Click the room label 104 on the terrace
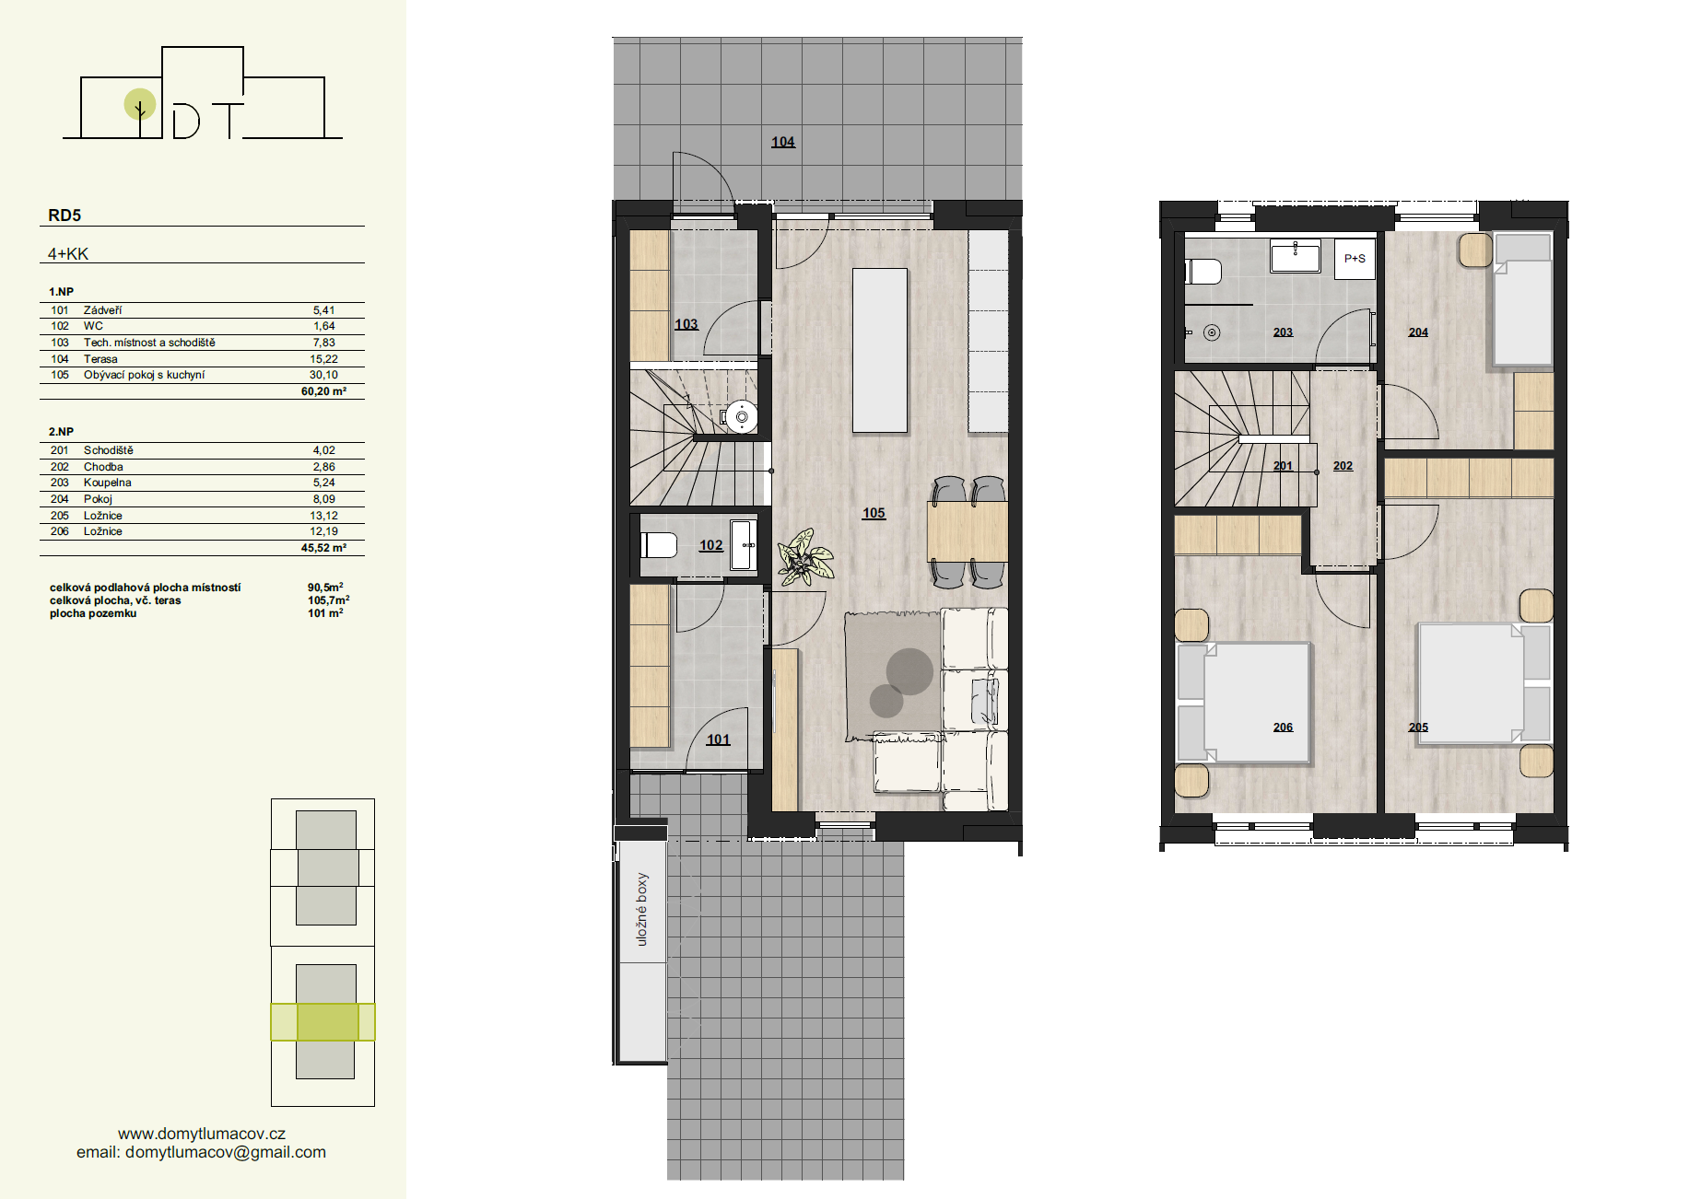tap(783, 142)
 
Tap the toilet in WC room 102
tap(658, 545)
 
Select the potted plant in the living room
tap(804, 557)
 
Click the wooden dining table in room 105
tap(968, 531)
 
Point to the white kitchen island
tap(880, 350)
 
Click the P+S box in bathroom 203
tap(1355, 259)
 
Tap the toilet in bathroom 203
tap(1203, 272)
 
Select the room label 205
tap(1418, 728)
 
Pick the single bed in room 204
tap(1522, 299)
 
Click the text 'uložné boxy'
tap(641, 909)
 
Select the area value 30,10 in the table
tap(323, 375)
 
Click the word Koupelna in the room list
tap(108, 483)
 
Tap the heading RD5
tap(65, 215)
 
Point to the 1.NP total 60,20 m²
tap(323, 391)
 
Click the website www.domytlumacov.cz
tap(202, 1134)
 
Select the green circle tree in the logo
tap(140, 105)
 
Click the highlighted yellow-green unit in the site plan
tap(323, 1022)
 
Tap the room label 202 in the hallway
tap(1343, 466)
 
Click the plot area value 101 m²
tap(325, 613)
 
